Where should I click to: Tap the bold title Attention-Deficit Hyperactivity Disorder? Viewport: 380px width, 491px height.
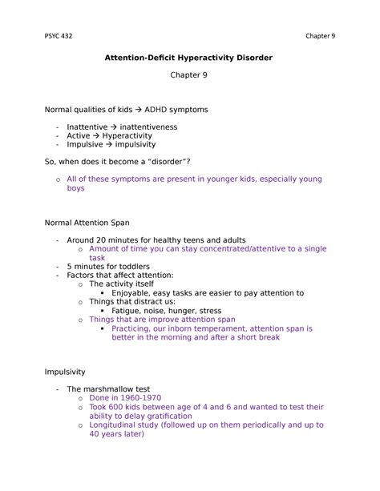coord(190,58)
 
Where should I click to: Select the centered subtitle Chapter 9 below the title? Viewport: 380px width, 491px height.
coord(190,79)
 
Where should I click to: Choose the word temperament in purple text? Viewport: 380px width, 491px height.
coord(220,328)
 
